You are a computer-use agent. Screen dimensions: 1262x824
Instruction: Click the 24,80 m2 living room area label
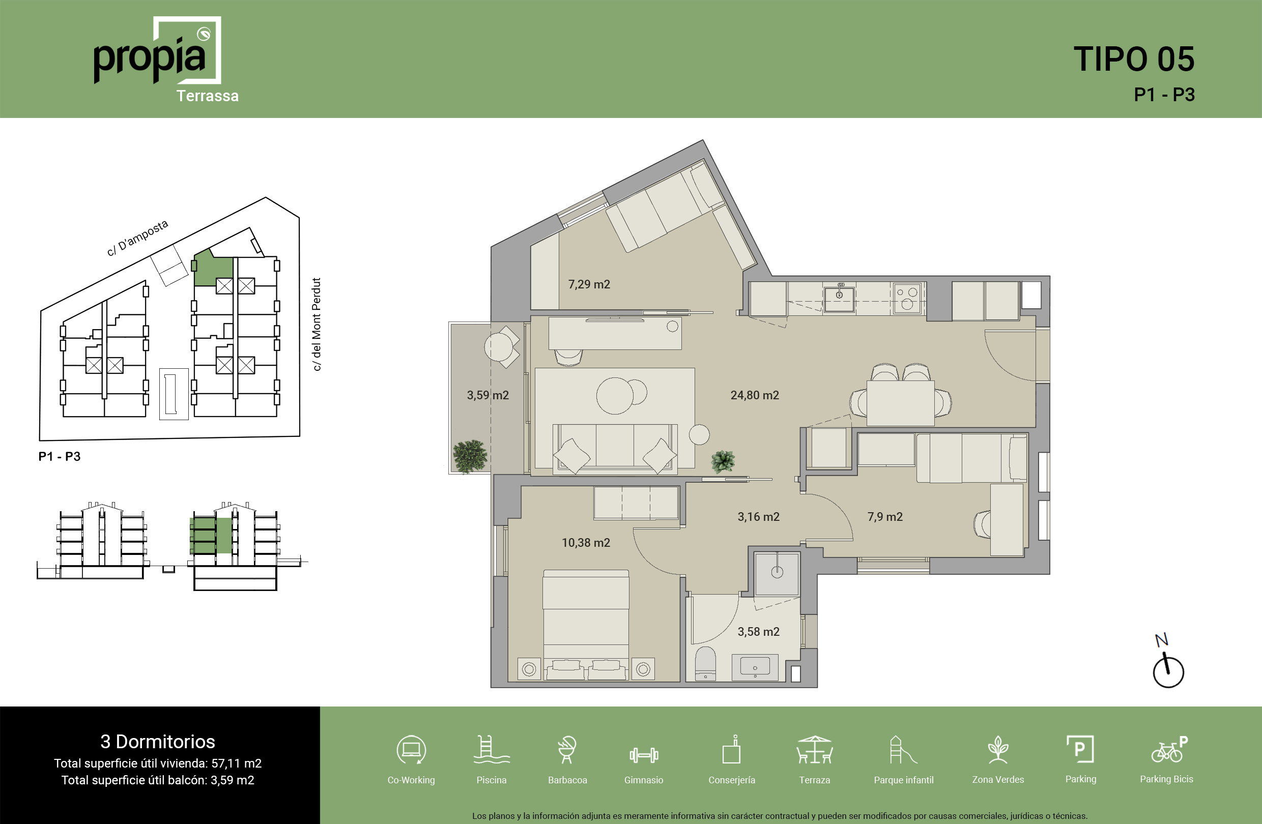click(755, 395)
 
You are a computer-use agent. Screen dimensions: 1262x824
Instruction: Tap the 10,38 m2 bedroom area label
click(586, 543)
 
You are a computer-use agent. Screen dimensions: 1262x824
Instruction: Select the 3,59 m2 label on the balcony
click(488, 395)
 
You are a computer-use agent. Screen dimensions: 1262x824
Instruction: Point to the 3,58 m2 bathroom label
click(758, 632)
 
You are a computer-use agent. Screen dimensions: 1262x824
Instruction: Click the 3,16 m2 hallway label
click(758, 517)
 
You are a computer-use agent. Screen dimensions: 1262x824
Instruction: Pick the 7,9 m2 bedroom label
click(885, 517)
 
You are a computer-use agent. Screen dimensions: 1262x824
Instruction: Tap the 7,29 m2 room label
click(589, 284)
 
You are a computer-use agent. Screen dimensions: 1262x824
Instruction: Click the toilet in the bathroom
click(705, 663)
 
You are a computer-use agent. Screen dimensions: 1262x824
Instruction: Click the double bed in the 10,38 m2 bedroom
click(586, 625)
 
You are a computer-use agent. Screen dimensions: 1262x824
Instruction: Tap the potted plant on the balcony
click(470, 456)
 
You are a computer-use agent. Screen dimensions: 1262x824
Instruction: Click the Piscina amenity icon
click(492, 749)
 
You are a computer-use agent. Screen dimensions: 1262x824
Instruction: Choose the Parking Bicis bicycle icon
click(1169, 749)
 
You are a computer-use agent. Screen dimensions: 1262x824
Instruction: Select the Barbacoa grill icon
click(567, 749)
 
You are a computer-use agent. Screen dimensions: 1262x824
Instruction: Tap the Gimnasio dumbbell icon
click(644, 755)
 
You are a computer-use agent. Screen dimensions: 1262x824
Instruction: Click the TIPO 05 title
click(1134, 59)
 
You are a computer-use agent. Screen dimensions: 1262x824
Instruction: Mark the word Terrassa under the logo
click(207, 96)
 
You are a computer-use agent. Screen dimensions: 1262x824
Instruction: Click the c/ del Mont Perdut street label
click(316, 325)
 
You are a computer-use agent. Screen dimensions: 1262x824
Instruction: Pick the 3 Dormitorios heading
click(157, 741)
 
